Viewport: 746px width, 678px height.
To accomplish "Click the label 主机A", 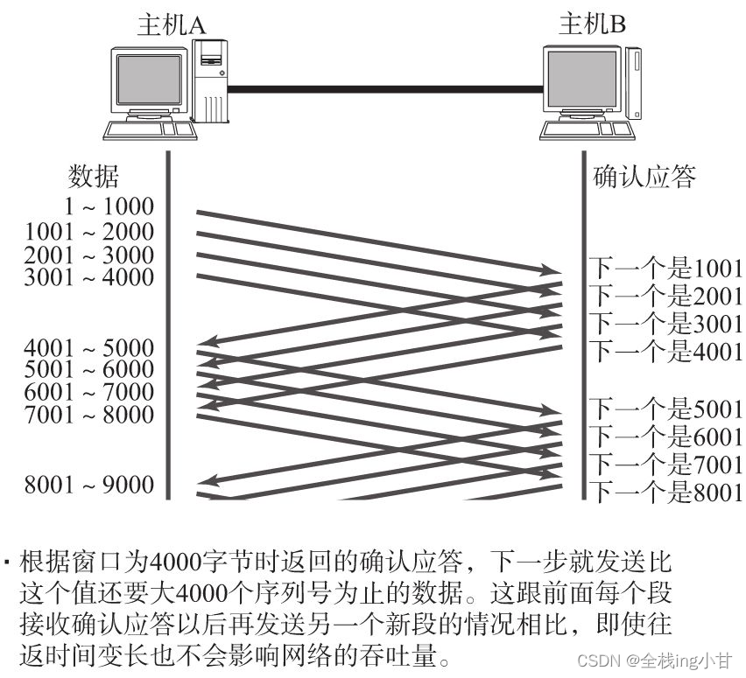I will pyautogui.click(x=171, y=25).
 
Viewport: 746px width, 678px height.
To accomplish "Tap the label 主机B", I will pyautogui.click(x=593, y=25).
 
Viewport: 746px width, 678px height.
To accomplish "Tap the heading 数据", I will pyautogui.click(x=94, y=178).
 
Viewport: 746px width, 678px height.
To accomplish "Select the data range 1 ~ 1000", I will pyautogui.click(x=109, y=207).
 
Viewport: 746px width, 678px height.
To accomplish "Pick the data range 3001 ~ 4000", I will pyautogui.click(x=89, y=278).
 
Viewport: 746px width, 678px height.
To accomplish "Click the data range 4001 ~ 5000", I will pyautogui.click(x=89, y=347).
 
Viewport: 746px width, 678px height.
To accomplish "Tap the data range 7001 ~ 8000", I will pyautogui.click(x=89, y=415).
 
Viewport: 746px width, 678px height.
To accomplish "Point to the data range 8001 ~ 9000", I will pyautogui.click(x=89, y=485).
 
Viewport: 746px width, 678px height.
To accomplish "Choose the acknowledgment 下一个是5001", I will pyautogui.click(x=665, y=408).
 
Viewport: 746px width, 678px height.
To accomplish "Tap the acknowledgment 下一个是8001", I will pyautogui.click(x=665, y=492).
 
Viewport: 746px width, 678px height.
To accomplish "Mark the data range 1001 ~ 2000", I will pyautogui.click(x=89, y=233).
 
